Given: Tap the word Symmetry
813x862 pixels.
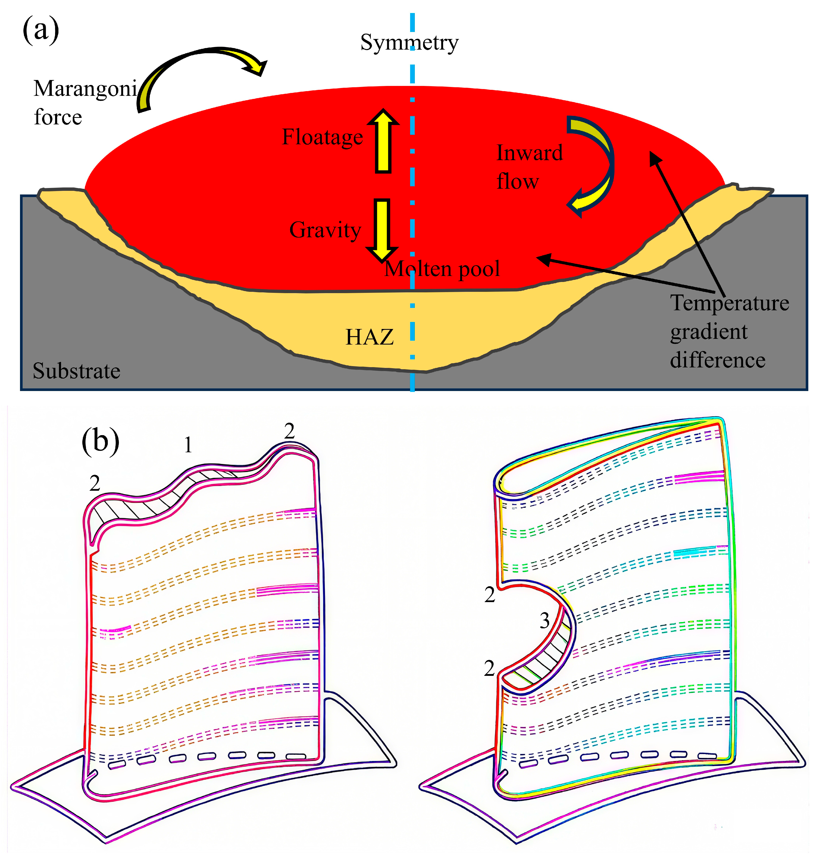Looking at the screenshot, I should [409, 43].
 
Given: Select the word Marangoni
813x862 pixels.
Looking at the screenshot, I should [85, 89].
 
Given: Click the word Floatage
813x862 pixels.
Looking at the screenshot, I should [322, 137].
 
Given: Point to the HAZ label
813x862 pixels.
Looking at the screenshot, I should [369, 337].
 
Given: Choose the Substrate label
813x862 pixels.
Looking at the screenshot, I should [76, 371].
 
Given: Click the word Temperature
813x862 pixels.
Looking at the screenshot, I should [730, 303].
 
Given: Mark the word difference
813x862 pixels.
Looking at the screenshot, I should [718, 360].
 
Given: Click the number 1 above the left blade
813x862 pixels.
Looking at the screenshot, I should [188, 445].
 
